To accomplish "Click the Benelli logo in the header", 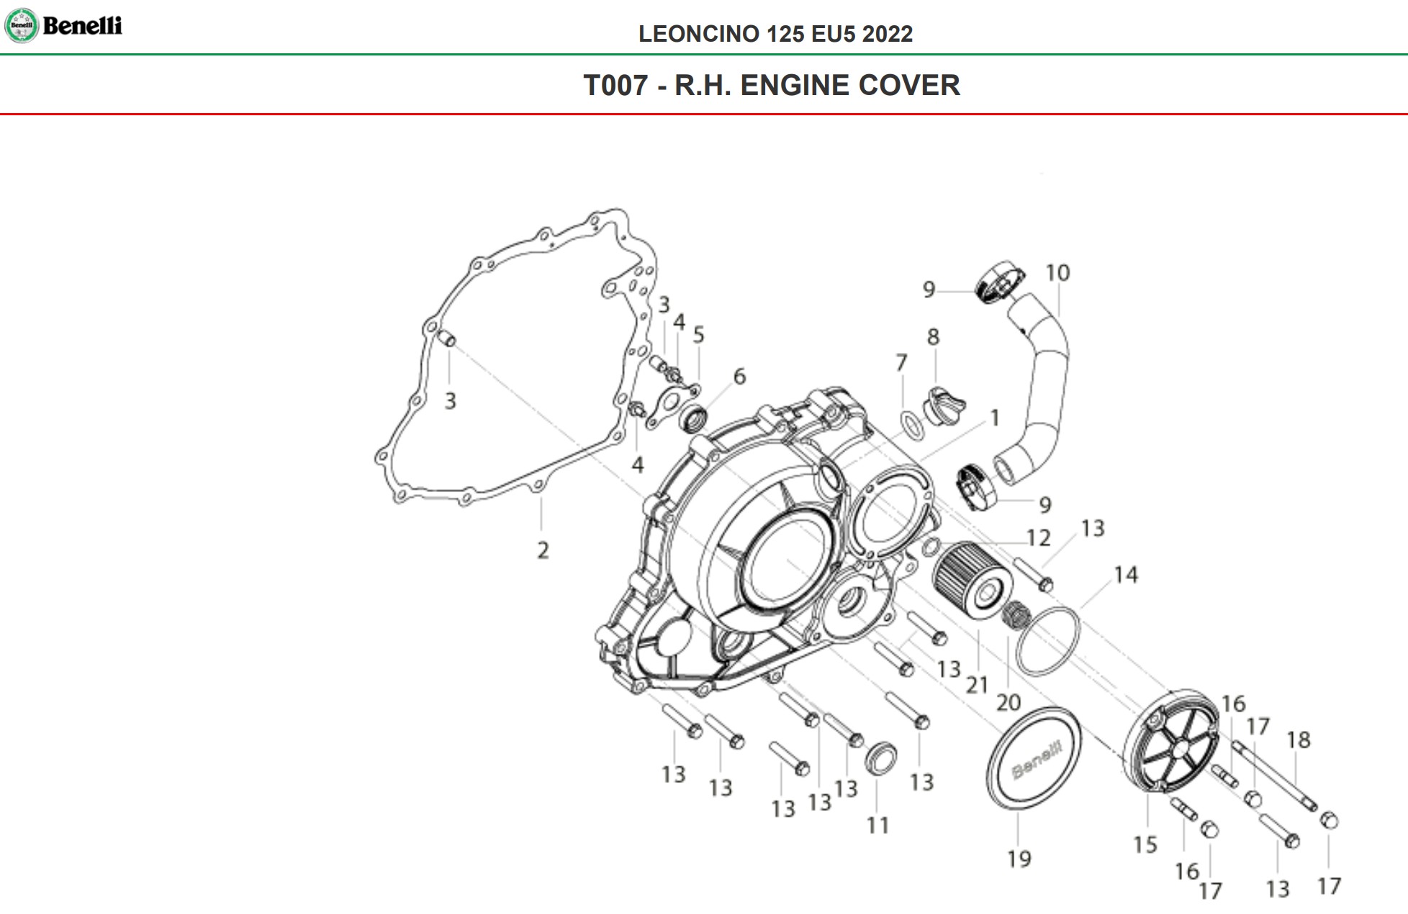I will click(63, 25).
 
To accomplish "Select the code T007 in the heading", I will click(615, 85).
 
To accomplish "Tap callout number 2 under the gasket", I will click(543, 550).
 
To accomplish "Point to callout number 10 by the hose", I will click(1057, 273).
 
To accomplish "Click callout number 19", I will click(1019, 859).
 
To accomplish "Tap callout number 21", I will click(977, 684).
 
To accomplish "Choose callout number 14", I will click(1126, 575).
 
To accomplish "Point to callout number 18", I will click(1299, 740).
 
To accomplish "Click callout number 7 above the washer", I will click(901, 362).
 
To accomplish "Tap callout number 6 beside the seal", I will click(739, 376).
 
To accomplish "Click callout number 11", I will click(877, 825).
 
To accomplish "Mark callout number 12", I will click(1038, 538).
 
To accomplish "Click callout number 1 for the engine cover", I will click(995, 418).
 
